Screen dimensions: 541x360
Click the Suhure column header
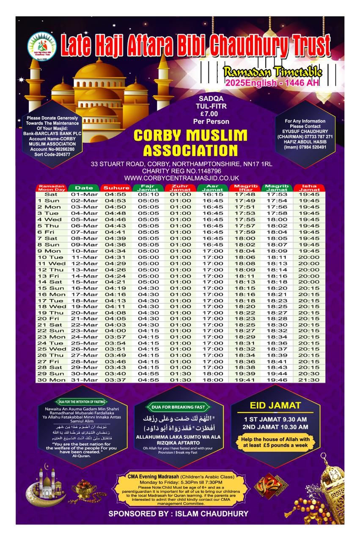pos(116,188)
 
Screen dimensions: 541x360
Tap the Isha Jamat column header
pos(309,188)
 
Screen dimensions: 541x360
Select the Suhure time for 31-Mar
pos(115,380)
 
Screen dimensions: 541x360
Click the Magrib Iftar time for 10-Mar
pos(245,251)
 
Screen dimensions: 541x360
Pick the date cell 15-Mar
pos(85,281)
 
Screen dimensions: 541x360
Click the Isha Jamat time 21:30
pos(309,380)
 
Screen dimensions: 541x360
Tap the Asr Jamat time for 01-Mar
pos(213,194)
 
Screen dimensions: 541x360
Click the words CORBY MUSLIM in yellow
pos(190,135)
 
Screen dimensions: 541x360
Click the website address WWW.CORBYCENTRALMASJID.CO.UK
pos(182,178)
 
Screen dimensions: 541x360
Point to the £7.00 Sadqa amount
pos(209,114)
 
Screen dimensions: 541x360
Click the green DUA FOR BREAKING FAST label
pos(178,407)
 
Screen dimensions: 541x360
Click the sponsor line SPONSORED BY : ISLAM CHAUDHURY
pos(178,514)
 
